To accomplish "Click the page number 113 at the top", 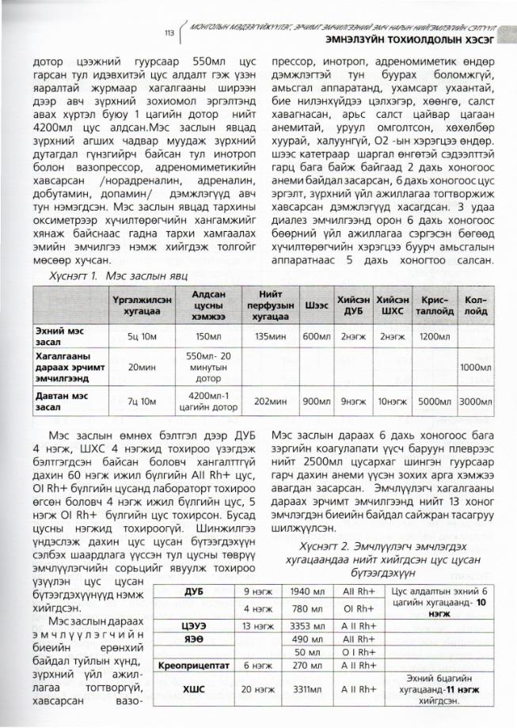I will (x=169, y=33).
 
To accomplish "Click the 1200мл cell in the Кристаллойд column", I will (x=434, y=336).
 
